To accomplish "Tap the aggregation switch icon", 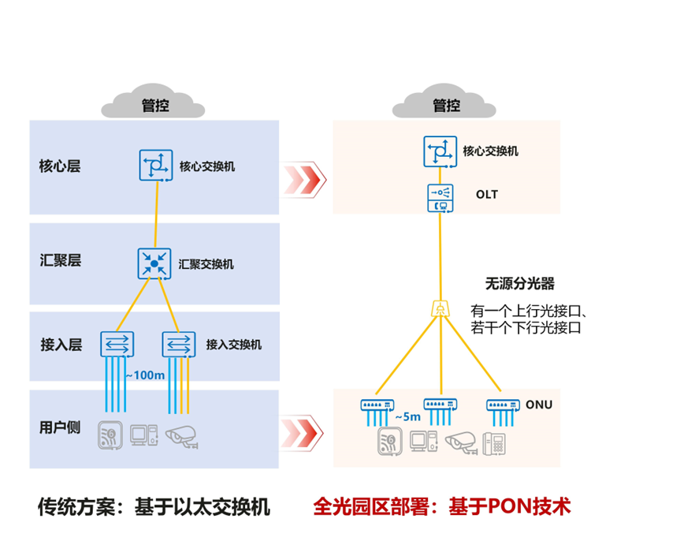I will [x=154, y=263].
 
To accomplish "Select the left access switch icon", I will [x=117, y=344].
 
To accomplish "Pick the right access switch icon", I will [x=178, y=344].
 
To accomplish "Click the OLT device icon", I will [x=440, y=198].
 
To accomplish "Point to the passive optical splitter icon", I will [x=439, y=308].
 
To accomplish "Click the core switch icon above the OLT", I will [x=440, y=151].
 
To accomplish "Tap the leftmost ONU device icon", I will [x=377, y=405].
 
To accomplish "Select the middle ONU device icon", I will [x=440, y=405].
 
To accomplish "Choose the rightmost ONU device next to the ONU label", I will [x=501, y=405].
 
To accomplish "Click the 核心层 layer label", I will [x=60, y=166].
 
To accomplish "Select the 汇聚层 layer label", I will [x=60, y=261].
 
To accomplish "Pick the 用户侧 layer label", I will [x=60, y=427].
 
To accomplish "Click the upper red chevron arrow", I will [x=305, y=177].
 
